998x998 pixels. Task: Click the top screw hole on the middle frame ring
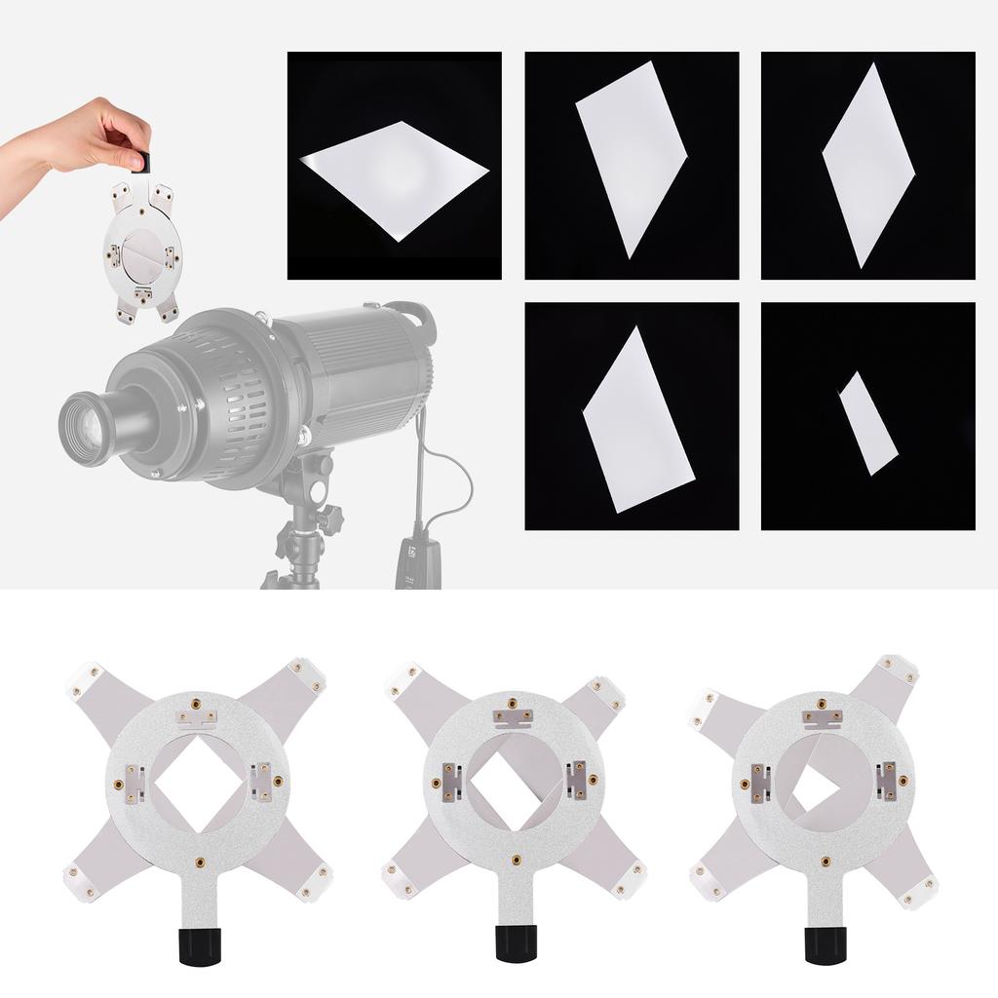[514, 702]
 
